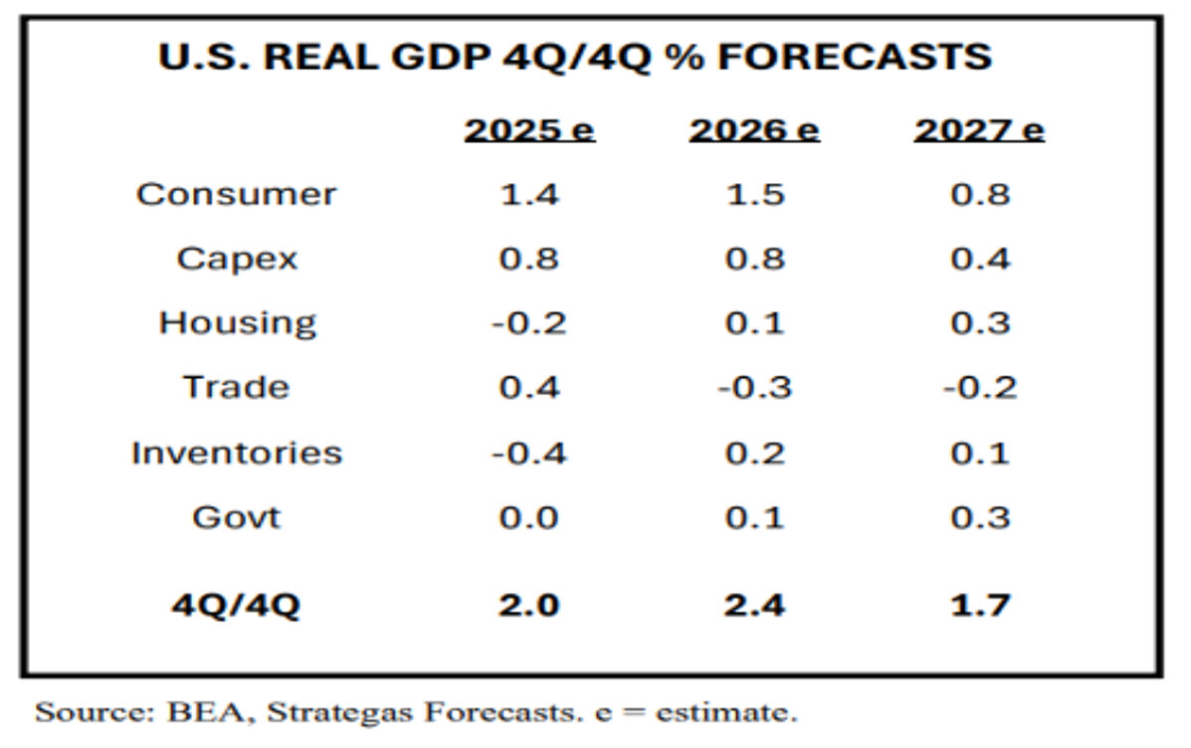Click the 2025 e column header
pyautogui.click(x=528, y=130)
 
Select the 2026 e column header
pyautogui.click(x=754, y=130)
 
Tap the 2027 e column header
pyautogui.click(x=979, y=130)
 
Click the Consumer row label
pyautogui.click(x=237, y=194)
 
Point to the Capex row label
pyautogui.click(x=237, y=259)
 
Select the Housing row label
pyautogui.click(x=237, y=323)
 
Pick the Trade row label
pyautogui.click(x=237, y=387)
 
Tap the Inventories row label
pyautogui.click(x=237, y=453)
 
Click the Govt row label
pyautogui.click(x=237, y=517)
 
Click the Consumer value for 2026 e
pyautogui.click(x=754, y=194)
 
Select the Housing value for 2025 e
pyautogui.click(x=528, y=323)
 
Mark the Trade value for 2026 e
pyautogui.click(x=754, y=387)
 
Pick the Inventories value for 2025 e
pyautogui.click(x=528, y=453)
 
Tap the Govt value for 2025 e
pyautogui.click(x=528, y=517)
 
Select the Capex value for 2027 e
pyautogui.click(x=979, y=259)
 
